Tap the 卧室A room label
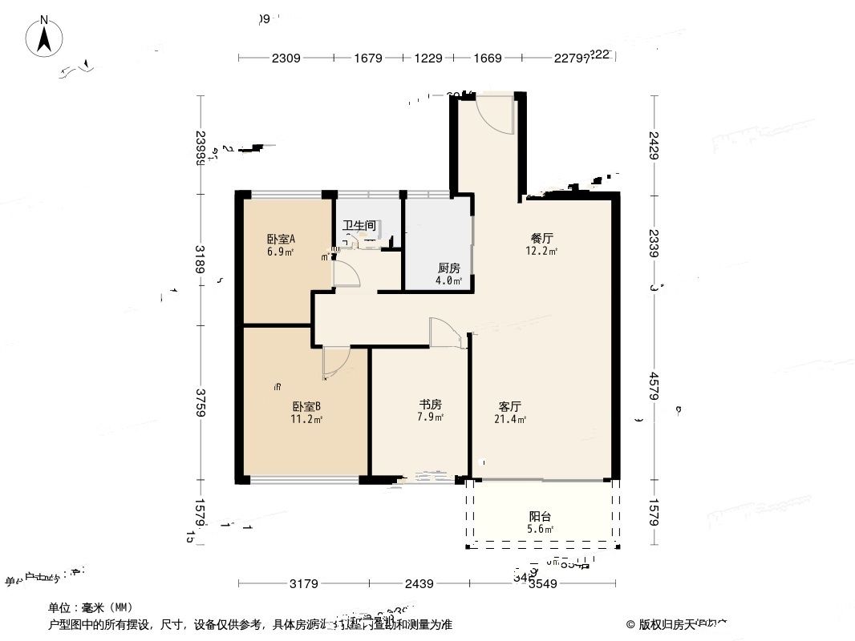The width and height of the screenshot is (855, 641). pos(281,239)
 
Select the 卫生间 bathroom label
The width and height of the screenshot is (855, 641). pos(359,226)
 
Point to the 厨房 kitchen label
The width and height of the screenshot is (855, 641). pos(448,268)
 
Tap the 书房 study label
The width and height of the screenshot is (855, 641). pos(431,405)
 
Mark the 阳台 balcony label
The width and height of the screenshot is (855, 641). pos(540,517)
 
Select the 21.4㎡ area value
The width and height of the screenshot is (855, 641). pos(511,419)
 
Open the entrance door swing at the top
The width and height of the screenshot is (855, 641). pos(494,114)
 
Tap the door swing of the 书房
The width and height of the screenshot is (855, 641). pos(445,333)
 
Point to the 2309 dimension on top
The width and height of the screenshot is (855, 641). pos(286,58)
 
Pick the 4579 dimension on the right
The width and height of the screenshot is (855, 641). pos(655,387)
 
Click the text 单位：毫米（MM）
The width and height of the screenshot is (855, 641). pos(91,608)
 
